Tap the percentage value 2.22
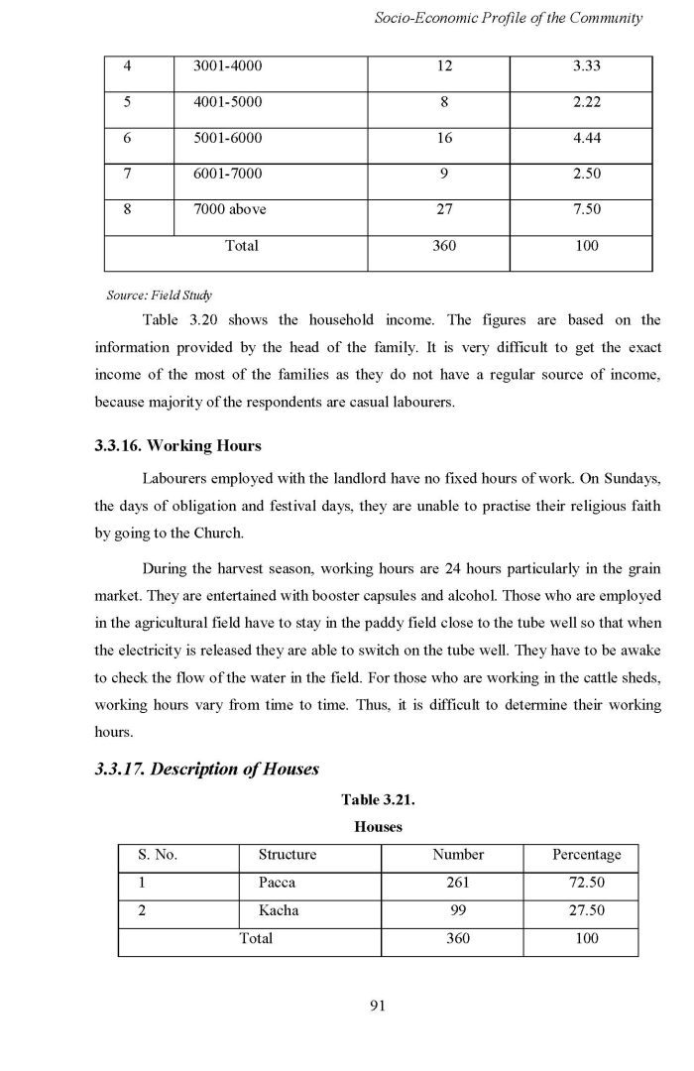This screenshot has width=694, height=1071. pos(586,102)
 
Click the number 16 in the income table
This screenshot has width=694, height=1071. pos(444,138)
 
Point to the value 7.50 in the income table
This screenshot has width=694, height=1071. pos(586,209)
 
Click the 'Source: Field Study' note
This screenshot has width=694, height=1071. pos(159,295)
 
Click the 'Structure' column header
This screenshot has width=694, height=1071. pos(288,854)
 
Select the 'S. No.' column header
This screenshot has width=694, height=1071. pos(157,854)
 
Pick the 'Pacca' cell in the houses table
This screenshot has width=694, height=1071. pos(277,882)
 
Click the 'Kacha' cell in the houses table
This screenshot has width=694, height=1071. pos(278,910)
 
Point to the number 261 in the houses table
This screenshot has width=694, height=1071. pos(457,882)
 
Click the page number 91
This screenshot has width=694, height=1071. pos(377,1006)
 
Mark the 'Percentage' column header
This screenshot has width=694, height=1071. pos(586,854)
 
